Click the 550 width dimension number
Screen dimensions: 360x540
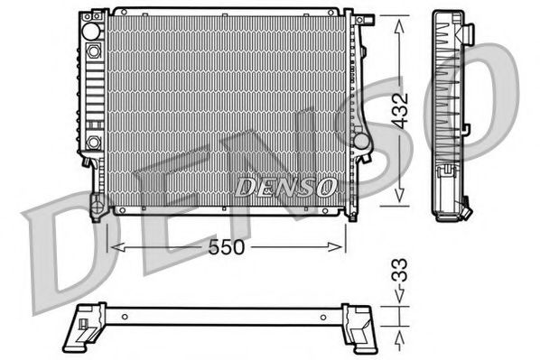pos(226,245)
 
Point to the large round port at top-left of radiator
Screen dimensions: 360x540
pos(91,31)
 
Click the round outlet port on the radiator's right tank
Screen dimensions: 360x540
pos(360,143)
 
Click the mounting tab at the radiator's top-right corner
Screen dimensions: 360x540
pos(364,20)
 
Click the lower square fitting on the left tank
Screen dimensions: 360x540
pos(93,143)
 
